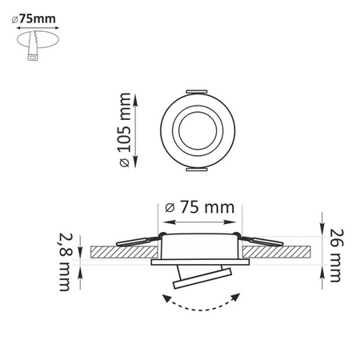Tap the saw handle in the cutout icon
coord(33,54)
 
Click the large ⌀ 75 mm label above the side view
coord(199,206)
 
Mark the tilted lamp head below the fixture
coord(200,278)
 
